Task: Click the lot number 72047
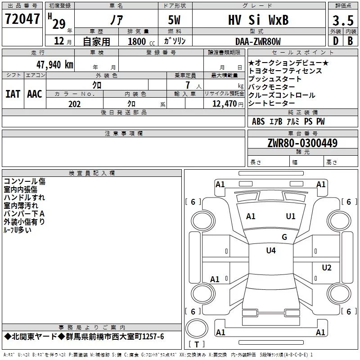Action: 22,19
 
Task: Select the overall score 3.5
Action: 343,20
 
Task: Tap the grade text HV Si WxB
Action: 258,20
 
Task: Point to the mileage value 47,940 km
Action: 54,65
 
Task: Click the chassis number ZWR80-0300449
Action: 302,143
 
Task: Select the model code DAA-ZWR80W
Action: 258,41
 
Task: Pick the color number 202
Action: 74,104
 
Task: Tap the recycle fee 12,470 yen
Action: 228,104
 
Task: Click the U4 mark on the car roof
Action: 271,250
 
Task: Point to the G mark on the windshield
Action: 284,237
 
